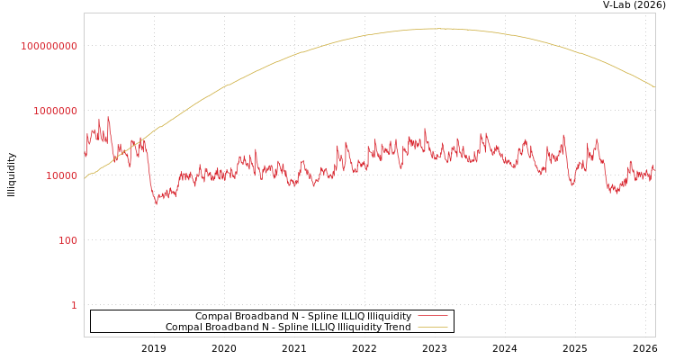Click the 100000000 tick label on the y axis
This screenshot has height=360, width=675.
(49, 46)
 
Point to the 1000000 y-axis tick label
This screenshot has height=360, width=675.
(56, 111)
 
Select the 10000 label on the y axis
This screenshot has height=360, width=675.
(62, 175)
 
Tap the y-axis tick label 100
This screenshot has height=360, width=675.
(68, 240)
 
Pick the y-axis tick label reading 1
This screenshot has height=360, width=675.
(74, 305)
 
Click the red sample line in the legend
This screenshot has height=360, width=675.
(433, 317)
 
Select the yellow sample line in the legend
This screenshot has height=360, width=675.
(433, 328)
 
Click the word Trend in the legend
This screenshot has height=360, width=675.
(398, 328)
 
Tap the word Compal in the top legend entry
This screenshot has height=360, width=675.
(212, 317)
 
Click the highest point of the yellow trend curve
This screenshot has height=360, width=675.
(441, 29)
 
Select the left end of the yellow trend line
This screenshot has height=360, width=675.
(85, 178)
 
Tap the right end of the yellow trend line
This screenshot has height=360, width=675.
(654, 87)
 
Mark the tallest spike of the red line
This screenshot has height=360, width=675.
(109, 117)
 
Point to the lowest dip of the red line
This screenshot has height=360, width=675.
(156, 204)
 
